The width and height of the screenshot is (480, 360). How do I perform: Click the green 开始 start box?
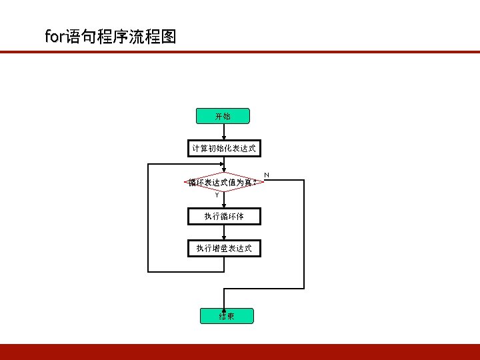click(223, 116)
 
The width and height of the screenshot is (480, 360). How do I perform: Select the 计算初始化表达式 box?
click(223, 148)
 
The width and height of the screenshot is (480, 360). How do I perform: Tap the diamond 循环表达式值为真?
click(223, 181)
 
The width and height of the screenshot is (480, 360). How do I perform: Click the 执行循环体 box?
click(223, 216)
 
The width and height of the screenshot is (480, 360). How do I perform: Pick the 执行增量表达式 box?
click(223, 248)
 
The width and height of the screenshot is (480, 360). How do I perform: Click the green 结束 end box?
click(226, 315)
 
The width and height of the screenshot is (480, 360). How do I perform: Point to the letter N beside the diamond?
click(267, 175)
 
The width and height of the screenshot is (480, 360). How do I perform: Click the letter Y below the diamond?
click(217, 195)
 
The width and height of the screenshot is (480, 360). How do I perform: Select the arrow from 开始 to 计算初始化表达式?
click(223, 132)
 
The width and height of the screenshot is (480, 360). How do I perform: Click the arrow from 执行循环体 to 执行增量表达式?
click(223, 231)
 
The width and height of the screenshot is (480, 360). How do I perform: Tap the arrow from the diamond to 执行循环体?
click(223, 200)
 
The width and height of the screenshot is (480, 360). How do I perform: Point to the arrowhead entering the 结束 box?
click(223, 307)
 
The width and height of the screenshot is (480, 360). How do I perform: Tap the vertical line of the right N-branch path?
click(304, 233)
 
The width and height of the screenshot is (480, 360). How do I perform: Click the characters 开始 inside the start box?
click(223, 116)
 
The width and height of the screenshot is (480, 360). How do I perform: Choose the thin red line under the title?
click(240, 51)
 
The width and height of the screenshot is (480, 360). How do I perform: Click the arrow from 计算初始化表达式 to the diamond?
click(223, 164)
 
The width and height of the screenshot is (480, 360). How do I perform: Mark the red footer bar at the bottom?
click(240, 351)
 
